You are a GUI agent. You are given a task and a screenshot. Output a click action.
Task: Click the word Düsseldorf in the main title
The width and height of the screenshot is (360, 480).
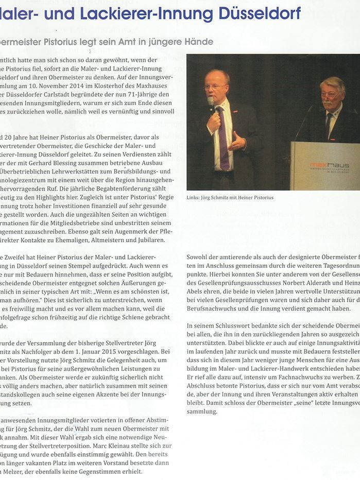point(260,13)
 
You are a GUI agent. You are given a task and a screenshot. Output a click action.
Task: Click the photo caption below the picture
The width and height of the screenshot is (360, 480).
point(230,198)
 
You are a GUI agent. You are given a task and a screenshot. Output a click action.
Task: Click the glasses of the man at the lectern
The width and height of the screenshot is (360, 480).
point(330,94)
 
